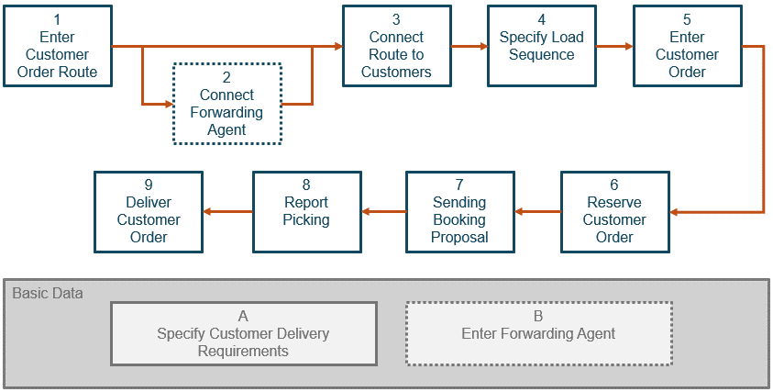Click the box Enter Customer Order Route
pyautogui.click(x=57, y=46)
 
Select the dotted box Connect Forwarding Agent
pyautogui.click(x=226, y=104)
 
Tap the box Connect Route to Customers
pyautogui.click(x=396, y=46)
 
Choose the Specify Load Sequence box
pyautogui.click(x=541, y=46)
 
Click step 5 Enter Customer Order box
pyautogui.click(x=687, y=46)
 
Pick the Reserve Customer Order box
pyautogui.click(x=614, y=211)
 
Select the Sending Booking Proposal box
pyautogui.click(x=459, y=211)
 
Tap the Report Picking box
pyautogui.click(x=306, y=211)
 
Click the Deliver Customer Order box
pyautogui.click(x=149, y=211)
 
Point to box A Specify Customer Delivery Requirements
pyautogui.click(x=243, y=333)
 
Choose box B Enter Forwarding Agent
pyautogui.click(x=539, y=333)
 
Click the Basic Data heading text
pyautogui.click(x=48, y=294)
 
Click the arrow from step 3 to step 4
pyautogui.click(x=469, y=46)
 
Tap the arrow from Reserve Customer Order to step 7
pyautogui.click(x=537, y=212)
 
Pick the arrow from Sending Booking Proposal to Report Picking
pyautogui.click(x=383, y=212)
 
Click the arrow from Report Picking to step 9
pyautogui.click(x=227, y=212)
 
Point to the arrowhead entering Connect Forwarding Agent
pyautogui.click(x=168, y=104)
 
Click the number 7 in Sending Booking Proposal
pyautogui.click(x=459, y=185)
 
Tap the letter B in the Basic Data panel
pyautogui.click(x=539, y=316)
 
